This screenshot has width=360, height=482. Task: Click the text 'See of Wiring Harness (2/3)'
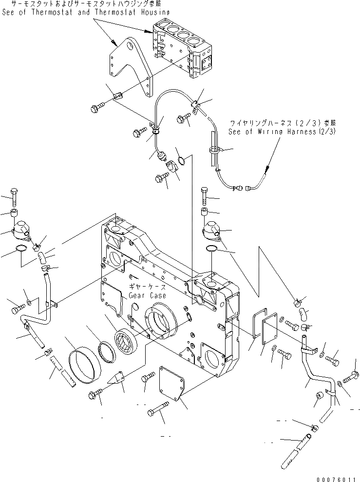click(x=282, y=132)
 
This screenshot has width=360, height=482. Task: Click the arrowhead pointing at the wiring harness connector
click(x=266, y=171)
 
